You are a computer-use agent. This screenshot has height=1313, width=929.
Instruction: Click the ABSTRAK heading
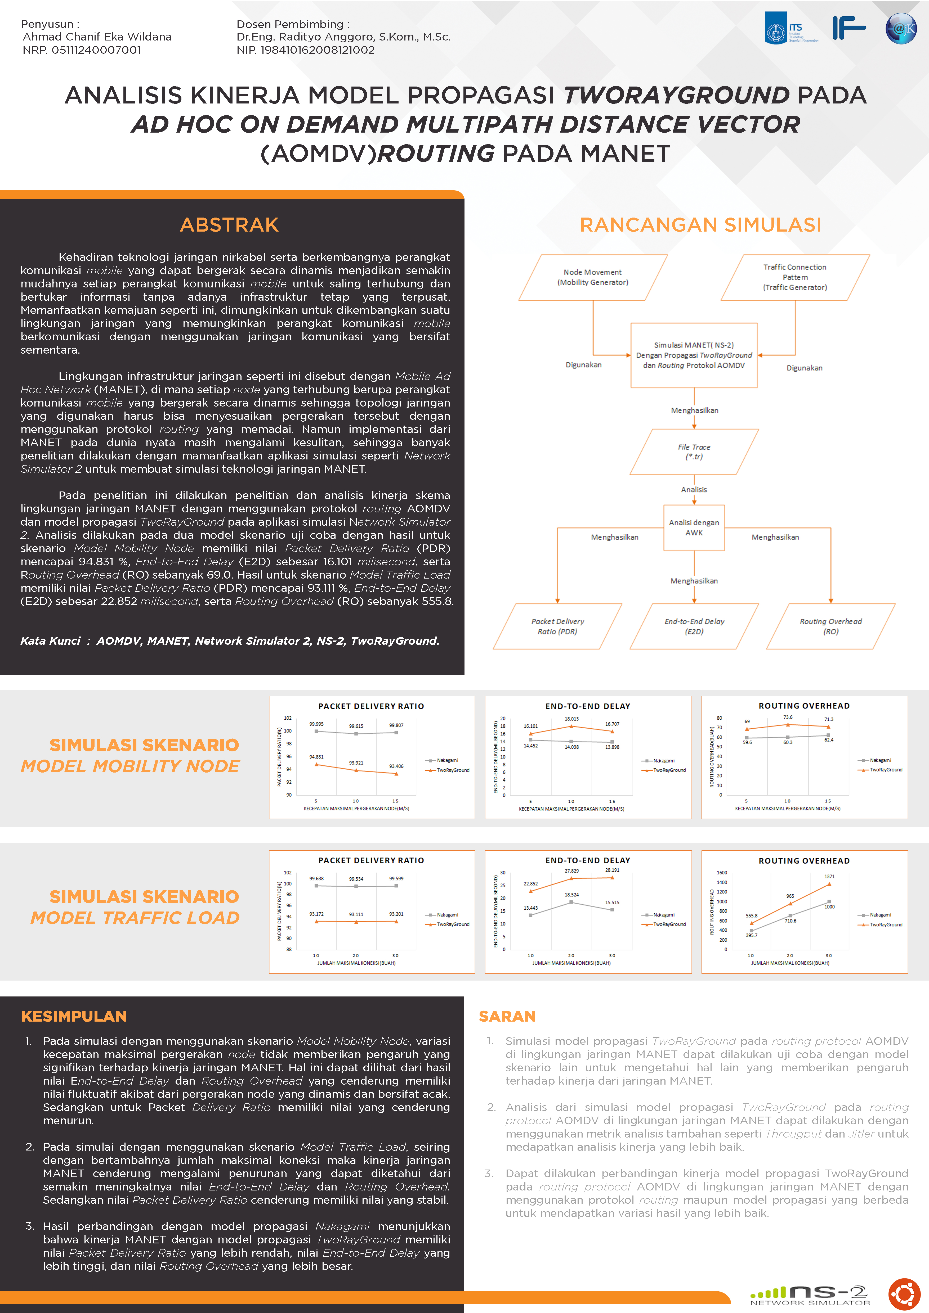point(229,225)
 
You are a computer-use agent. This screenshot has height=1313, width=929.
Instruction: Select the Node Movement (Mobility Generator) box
point(593,277)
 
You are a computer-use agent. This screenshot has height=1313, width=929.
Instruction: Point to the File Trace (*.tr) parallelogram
point(694,452)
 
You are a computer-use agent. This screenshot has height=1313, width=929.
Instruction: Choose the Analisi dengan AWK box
point(694,527)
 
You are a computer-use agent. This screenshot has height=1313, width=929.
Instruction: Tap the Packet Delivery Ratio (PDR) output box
point(557,626)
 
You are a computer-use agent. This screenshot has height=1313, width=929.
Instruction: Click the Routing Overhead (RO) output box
point(830,626)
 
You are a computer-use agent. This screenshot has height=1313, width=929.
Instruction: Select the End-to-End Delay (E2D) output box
point(694,626)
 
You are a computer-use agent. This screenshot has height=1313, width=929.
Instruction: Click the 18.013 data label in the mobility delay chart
point(571,719)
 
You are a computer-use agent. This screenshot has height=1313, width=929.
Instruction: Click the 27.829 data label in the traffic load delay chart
point(571,871)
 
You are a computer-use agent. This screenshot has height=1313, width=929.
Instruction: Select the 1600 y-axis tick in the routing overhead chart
point(722,873)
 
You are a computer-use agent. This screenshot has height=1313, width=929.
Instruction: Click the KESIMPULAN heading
point(74,1016)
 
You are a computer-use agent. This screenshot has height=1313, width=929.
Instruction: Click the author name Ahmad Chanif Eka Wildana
point(97,37)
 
